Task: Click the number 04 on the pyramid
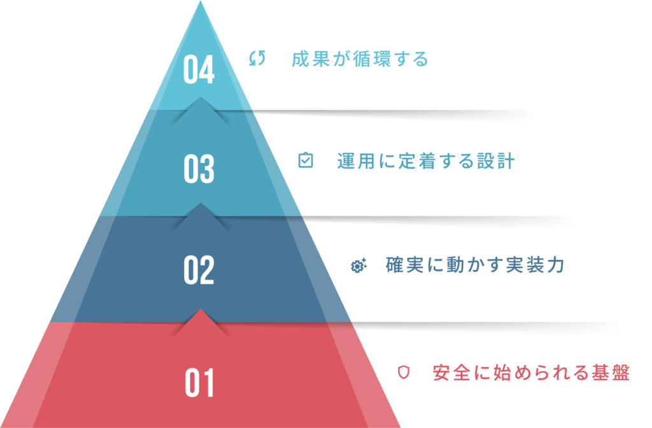click(199, 70)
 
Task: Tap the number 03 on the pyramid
click(199, 169)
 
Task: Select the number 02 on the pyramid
click(199, 270)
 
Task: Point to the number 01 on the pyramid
click(199, 383)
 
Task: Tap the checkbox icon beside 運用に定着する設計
click(306, 160)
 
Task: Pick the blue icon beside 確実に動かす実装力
click(359, 266)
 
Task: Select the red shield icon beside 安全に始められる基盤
click(403, 371)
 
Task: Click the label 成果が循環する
click(360, 59)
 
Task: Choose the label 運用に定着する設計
click(425, 161)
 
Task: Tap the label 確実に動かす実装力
click(475, 265)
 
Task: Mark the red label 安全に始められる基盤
click(530, 372)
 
